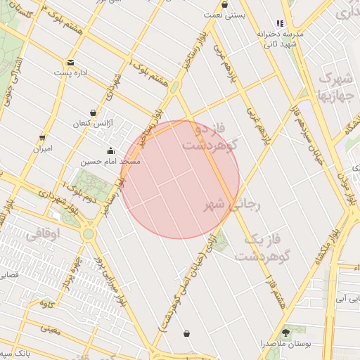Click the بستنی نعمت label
click(224, 14)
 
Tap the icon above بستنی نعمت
click(224, 4)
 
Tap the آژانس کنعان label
click(93, 123)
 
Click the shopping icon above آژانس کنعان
click(94, 112)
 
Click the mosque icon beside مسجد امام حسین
click(111, 151)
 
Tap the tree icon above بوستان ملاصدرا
click(286, 332)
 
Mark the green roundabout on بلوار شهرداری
click(88, 233)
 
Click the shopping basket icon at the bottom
click(186, 333)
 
